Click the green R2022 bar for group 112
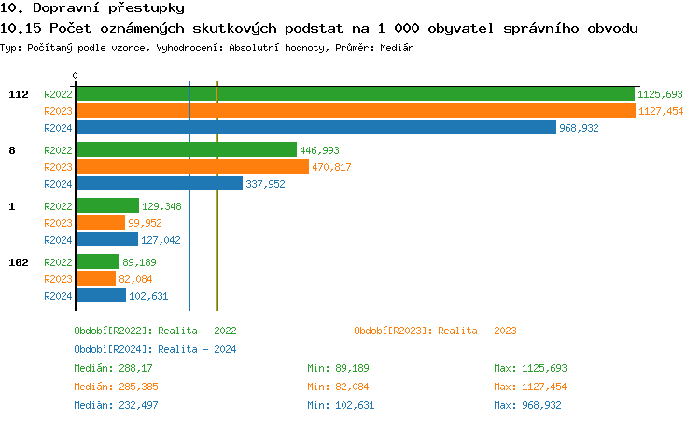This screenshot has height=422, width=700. point(355,93)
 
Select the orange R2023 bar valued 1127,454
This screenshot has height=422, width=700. point(355,110)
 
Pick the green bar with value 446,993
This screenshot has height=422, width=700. point(186,149)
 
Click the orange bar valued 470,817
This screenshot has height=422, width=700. point(191,166)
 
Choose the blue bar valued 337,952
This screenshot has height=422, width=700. point(159,183)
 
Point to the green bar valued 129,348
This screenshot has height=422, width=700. point(107,205)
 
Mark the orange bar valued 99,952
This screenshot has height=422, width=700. point(100,222)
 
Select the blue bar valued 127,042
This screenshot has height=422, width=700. point(106,239)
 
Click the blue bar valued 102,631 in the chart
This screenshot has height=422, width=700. point(101,295)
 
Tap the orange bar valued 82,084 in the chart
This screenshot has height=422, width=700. point(95,278)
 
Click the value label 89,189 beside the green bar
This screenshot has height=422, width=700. point(139,262)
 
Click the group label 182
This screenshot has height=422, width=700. point(19,262)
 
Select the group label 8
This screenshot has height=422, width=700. point(11,150)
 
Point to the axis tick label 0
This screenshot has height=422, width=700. point(76,76)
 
